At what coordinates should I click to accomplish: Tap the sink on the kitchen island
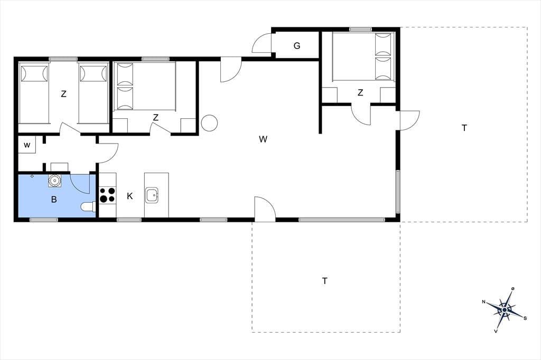tap(152, 195)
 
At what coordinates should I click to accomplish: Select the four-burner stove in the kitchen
tap(107, 195)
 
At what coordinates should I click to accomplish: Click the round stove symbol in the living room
tap(209, 123)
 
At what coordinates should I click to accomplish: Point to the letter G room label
tap(297, 45)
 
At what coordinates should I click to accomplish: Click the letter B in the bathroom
tap(54, 200)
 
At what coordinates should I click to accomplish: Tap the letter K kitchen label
tap(130, 196)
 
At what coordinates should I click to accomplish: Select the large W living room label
tap(263, 139)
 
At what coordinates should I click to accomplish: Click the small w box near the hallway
tap(27, 145)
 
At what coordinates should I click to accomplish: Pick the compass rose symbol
tap(505, 310)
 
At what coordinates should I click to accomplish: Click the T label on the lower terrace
tap(325, 281)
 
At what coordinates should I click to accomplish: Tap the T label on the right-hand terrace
tap(464, 128)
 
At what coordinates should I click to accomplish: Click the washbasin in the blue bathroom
tap(54, 181)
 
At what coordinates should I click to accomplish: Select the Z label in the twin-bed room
tap(63, 94)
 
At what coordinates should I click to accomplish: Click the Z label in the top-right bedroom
tap(360, 92)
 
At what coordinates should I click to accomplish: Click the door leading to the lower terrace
tap(265, 208)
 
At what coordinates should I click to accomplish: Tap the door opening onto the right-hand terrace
tap(409, 120)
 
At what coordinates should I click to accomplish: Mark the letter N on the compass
tap(484, 302)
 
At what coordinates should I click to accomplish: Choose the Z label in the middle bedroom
tap(156, 118)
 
